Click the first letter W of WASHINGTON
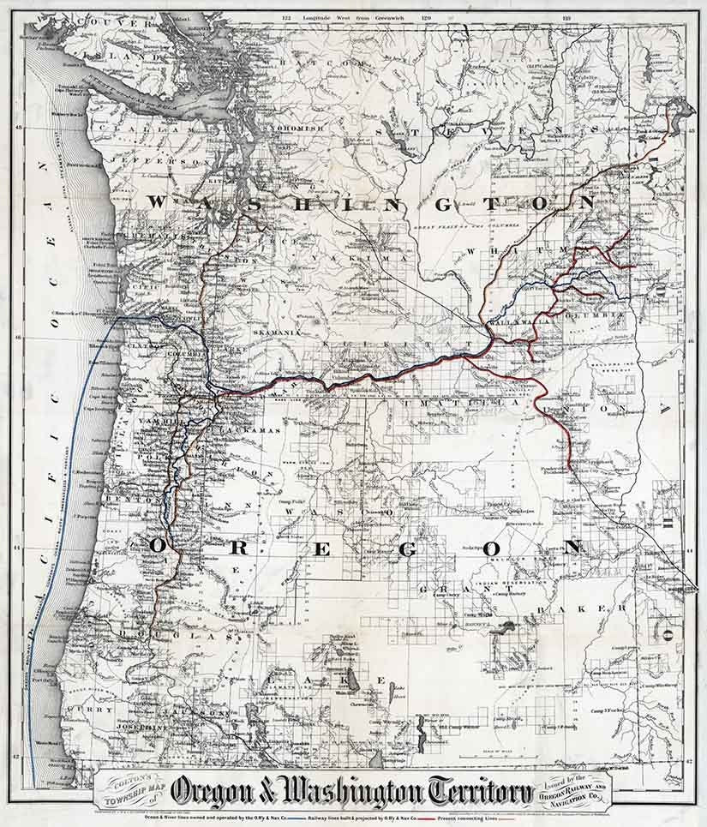coord(159,201)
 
